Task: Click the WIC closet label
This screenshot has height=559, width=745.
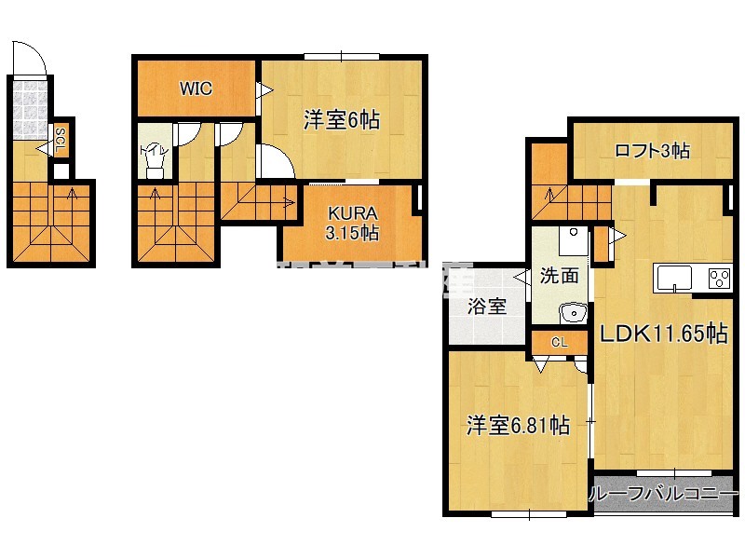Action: (x=196, y=89)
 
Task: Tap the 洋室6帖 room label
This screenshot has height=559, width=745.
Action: (x=342, y=119)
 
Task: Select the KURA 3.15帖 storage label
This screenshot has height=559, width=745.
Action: (x=351, y=225)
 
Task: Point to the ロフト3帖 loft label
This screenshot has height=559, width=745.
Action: (x=652, y=150)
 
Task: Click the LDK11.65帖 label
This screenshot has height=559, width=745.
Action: (x=662, y=334)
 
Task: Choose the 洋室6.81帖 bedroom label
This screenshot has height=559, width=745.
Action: (x=518, y=426)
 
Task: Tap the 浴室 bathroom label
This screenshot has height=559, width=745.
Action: (x=486, y=306)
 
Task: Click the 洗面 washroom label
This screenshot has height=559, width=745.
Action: (x=560, y=276)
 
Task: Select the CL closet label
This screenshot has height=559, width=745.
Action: (x=559, y=343)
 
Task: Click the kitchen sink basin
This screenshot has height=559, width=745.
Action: (x=674, y=278)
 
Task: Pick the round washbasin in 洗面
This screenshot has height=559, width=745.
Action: (x=571, y=312)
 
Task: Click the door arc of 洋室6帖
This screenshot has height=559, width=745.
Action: (x=276, y=161)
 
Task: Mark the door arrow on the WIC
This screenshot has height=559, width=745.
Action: (x=264, y=90)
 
